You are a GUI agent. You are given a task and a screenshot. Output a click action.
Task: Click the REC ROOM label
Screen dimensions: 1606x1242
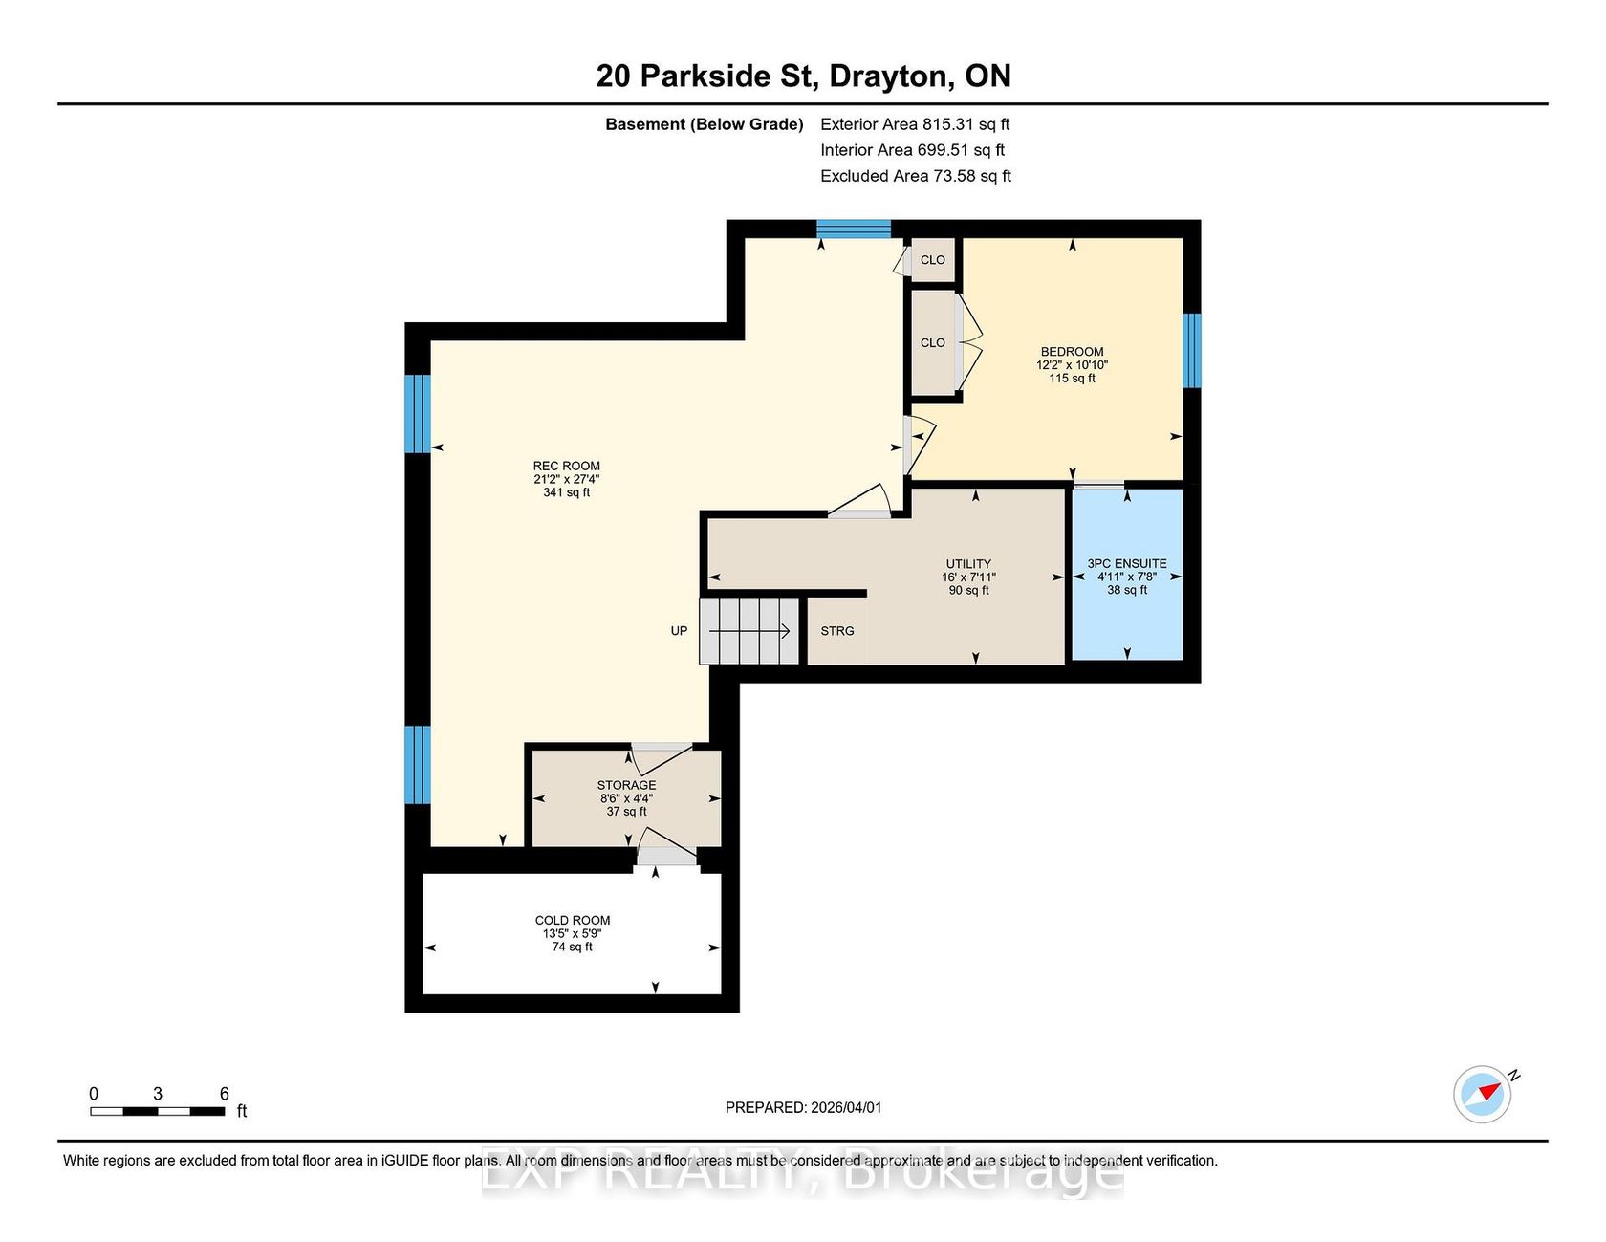click(x=567, y=467)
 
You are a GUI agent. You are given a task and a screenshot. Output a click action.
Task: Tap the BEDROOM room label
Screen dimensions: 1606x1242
click(x=1072, y=352)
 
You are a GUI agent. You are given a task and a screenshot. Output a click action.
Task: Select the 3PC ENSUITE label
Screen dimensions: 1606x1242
click(x=1127, y=564)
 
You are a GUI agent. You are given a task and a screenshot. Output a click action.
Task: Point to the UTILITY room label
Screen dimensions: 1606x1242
click(x=968, y=564)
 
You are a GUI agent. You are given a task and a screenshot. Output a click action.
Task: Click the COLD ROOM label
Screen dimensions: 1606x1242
click(x=573, y=921)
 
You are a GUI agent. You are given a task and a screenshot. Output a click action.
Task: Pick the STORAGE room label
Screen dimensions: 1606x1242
click(x=627, y=785)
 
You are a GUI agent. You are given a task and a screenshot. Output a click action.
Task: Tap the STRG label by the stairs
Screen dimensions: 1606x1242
click(x=837, y=631)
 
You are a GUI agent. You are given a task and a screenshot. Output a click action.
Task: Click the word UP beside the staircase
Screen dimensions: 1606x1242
click(x=679, y=631)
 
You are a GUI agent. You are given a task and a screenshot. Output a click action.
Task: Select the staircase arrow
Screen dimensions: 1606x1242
click(x=749, y=631)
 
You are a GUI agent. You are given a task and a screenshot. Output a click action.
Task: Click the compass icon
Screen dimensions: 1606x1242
click(x=1483, y=1094)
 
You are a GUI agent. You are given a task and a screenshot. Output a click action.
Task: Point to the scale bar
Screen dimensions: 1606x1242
click(x=158, y=1111)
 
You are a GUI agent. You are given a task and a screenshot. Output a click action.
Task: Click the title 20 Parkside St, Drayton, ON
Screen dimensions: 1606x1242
click(x=803, y=76)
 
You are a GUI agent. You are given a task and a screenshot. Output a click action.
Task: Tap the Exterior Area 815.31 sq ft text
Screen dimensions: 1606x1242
click(x=915, y=124)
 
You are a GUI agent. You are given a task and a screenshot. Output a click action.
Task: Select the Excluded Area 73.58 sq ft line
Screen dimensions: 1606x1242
click(x=916, y=176)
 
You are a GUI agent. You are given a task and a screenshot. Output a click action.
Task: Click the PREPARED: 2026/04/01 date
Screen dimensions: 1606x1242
click(x=803, y=1107)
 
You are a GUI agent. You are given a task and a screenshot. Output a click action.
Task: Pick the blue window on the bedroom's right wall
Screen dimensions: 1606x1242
click(x=1192, y=351)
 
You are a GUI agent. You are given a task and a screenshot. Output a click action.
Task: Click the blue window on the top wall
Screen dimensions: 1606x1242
click(x=854, y=229)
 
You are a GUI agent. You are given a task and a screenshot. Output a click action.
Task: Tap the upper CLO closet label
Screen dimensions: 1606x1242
click(x=933, y=260)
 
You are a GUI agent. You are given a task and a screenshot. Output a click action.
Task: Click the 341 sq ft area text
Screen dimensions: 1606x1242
click(x=567, y=493)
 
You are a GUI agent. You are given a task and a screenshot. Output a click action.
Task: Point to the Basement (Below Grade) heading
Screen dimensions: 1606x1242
click(x=705, y=124)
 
